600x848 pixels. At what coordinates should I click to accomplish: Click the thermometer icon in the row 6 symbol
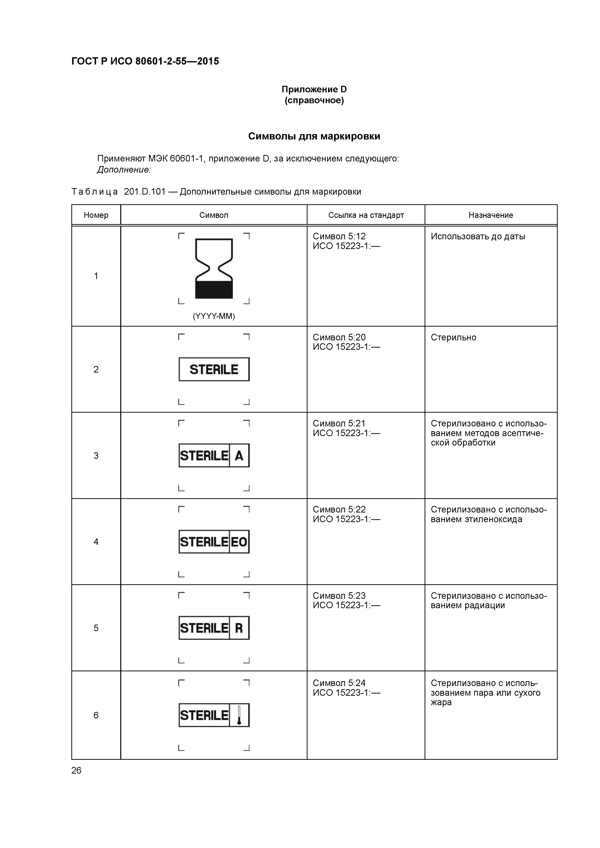coord(239,715)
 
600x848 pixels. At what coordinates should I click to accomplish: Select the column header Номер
coord(96,215)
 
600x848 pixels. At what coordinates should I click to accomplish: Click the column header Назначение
coord(491,215)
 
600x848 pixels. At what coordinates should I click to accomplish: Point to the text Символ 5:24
coord(339,683)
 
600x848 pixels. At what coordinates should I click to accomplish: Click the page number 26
coord(76,770)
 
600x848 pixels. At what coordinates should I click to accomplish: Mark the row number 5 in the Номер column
coord(96,628)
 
